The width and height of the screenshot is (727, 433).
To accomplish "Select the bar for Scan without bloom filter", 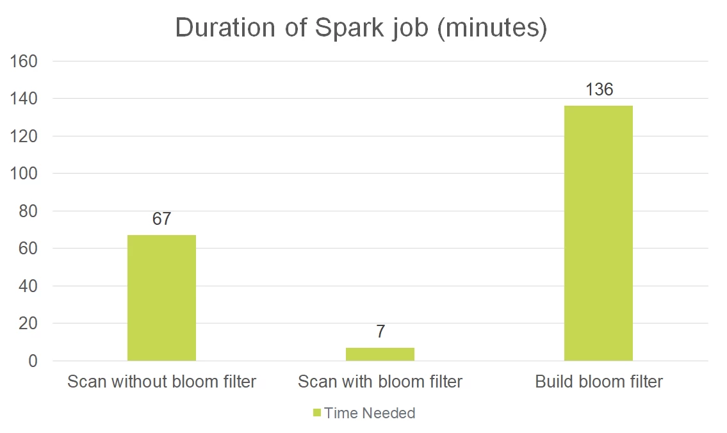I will coord(161,298).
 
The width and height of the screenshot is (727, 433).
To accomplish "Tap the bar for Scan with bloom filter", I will coord(380,354).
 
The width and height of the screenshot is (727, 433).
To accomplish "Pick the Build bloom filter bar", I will coord(598,233).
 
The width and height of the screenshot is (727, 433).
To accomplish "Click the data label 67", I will coord(161,219).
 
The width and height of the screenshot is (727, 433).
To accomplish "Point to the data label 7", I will coord(380,332).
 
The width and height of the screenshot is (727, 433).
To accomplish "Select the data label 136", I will coord(599,90).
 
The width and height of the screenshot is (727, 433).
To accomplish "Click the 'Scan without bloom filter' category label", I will coord(161,382).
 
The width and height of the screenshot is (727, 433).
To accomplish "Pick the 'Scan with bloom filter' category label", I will coord(380,382).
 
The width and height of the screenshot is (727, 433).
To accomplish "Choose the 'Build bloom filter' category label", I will coord(599,382).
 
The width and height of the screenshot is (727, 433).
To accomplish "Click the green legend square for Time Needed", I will coord(316,413).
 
